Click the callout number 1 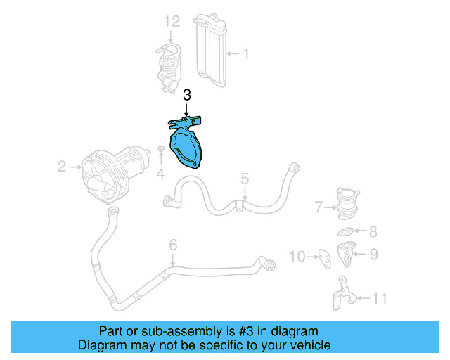point(246,53)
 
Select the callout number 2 point(61,167)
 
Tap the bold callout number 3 point(186,95)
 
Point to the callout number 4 point(160,172)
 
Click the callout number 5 point(244,179)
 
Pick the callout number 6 point(172,245)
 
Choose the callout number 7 point(319,207)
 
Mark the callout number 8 point(373,231)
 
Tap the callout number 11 point(380,299)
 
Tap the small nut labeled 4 point(161,150)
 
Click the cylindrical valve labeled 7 point(347,202)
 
